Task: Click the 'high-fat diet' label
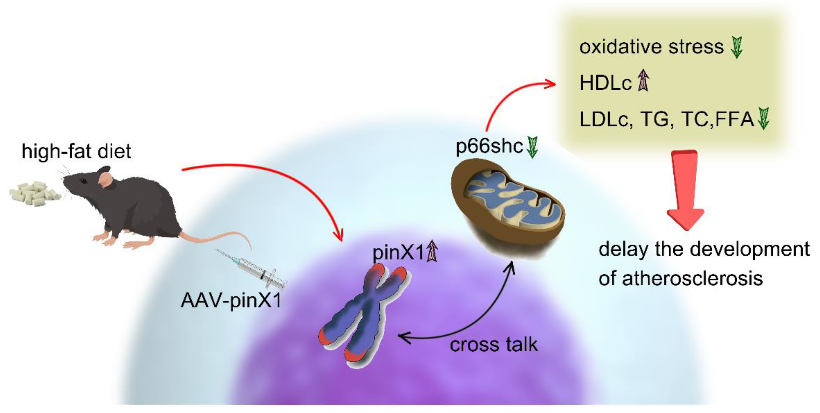76,151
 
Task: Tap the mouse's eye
83,181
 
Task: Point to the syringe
255,269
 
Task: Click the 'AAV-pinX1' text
231,300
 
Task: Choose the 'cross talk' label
493,345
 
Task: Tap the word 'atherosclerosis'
692,278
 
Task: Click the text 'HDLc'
605,83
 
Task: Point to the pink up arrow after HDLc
643,81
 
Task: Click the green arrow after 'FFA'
763,118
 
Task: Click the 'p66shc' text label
489,146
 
